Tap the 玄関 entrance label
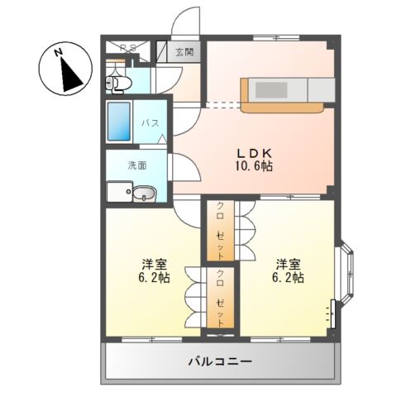click(x=184, y=52)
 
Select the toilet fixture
click(x=117, y=82)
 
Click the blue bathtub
click(x=121, y=123)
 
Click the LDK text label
click(x=255, y=152)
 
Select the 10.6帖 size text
click(x=255, y=166)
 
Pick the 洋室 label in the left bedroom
click(x=154, y=264)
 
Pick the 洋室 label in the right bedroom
click(x=289, y=264)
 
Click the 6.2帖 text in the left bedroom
click(x=154, y=279)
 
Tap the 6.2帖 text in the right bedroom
click(x=289, y=279)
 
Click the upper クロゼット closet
click(x=221, y=227)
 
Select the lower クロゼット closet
click(x=221, y=299)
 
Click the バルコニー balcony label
click(x=219, y=361)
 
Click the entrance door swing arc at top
click(x=189, y=21)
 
